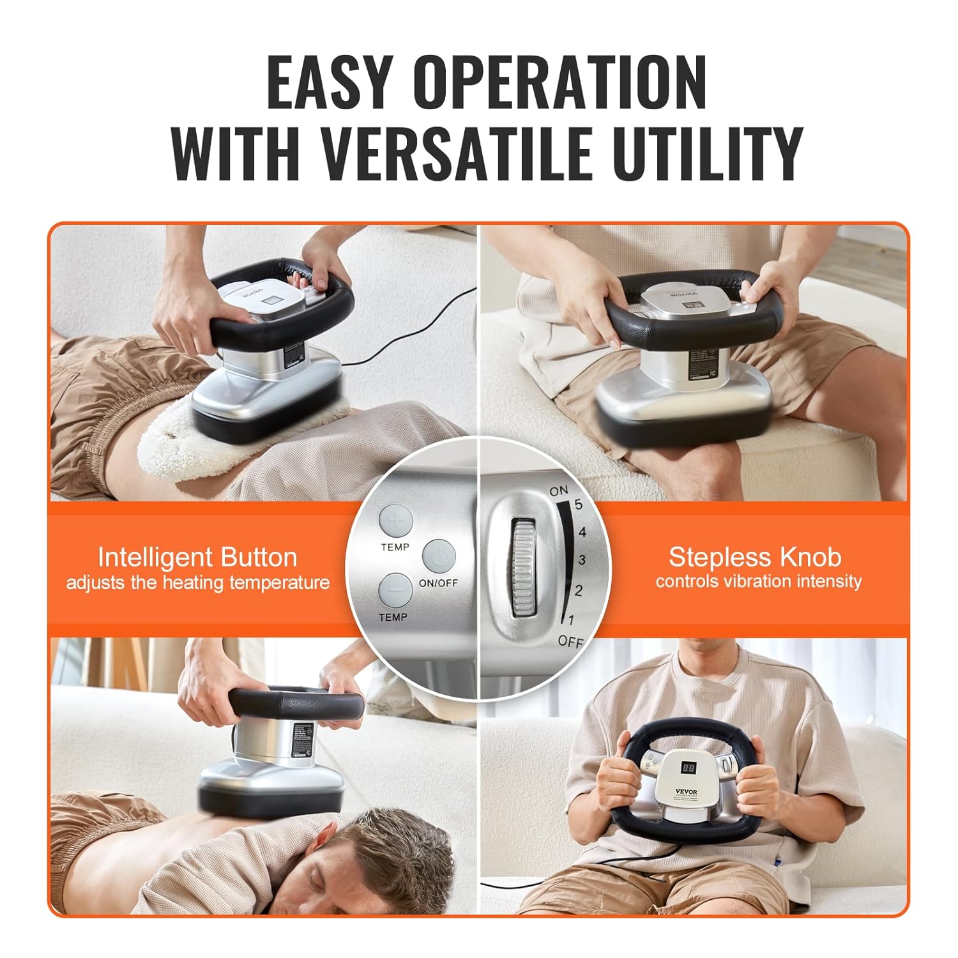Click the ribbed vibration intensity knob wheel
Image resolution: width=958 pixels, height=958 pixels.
523,569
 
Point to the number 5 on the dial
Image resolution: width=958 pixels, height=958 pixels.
579,505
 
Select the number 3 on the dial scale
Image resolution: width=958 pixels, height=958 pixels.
581,561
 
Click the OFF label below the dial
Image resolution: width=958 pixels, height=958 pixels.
570,641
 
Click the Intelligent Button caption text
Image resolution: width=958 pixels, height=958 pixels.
197,558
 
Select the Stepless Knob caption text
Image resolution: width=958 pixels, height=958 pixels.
755,558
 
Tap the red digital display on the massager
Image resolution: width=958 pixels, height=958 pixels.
688,767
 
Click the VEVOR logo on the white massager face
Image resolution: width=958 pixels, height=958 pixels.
687,791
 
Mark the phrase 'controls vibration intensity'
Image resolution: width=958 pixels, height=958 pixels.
758,582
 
